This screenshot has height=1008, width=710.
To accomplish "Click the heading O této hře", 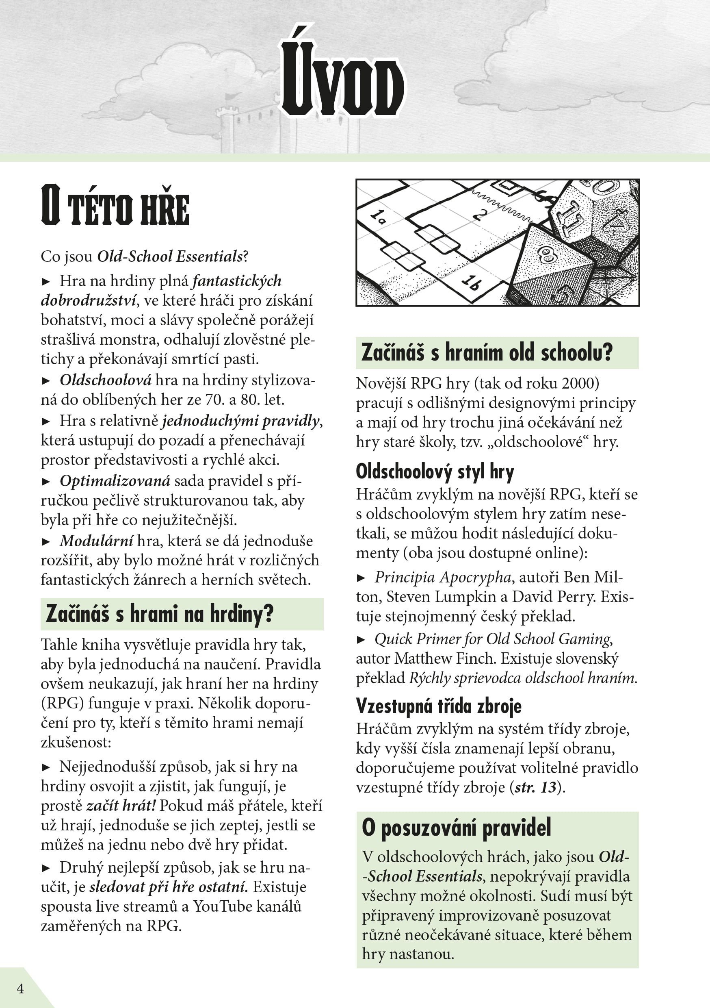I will (115, 206).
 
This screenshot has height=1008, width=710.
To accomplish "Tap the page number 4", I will (20, 988).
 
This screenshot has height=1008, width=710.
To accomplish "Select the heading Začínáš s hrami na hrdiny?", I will (159, 613).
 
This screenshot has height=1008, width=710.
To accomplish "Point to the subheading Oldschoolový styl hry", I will (435, 471).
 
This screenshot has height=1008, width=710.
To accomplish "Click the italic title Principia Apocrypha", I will (442, 577).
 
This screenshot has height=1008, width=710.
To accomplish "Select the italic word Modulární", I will (96, 541).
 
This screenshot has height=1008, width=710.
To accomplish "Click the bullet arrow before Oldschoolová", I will (45, 380).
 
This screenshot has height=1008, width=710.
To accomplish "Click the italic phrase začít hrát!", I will (121, 806).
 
